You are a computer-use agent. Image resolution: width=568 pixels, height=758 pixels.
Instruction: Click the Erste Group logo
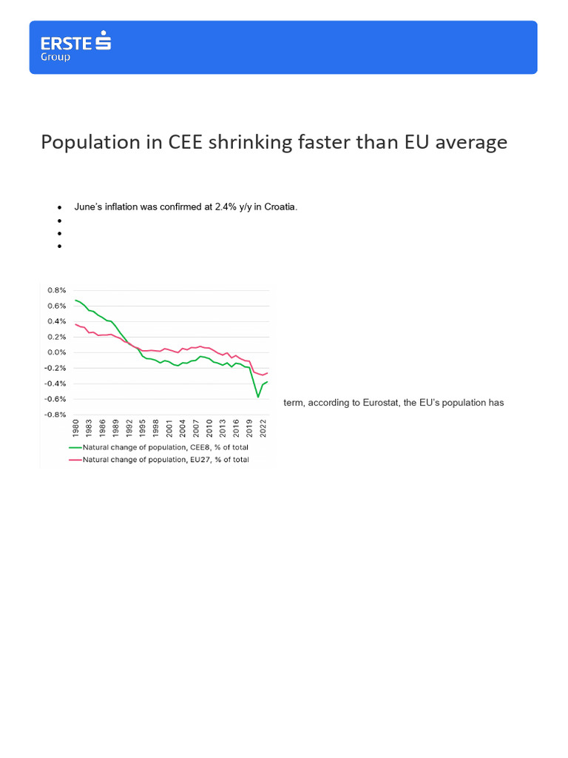[75, 46]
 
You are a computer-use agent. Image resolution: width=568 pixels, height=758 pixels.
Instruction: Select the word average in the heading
[470, 142]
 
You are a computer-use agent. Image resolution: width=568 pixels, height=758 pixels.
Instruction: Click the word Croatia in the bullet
[279, 207]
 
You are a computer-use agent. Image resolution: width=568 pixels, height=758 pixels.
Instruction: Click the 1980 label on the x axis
[75, 431]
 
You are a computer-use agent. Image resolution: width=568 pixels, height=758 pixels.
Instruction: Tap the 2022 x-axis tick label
[263, 431]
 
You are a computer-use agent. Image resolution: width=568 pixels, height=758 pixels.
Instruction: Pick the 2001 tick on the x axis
[169, 431]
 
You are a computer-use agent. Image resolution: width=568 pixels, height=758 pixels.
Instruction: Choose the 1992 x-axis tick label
[129, 431]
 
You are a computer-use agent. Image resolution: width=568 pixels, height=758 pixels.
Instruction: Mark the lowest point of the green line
[258, 398]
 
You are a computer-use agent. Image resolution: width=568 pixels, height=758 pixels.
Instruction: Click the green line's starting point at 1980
[75, 301]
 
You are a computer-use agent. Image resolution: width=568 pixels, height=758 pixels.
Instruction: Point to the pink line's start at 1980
[75, 324]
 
